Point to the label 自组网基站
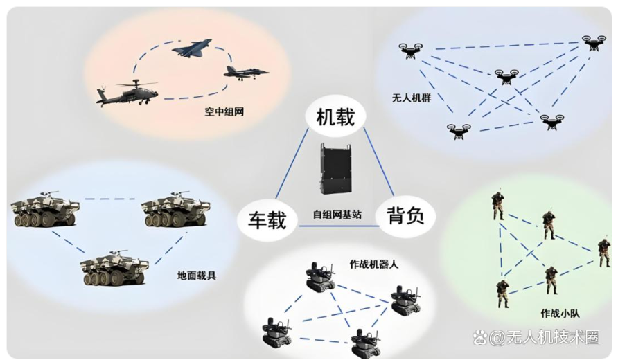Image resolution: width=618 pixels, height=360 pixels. [x=335, y=216]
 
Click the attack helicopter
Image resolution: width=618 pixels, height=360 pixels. [x=128, y=93]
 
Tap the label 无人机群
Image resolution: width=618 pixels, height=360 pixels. [x=412, y=98]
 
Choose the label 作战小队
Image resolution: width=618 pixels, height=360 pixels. [x=560, y=313]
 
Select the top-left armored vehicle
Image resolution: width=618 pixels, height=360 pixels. [x=43, y=210]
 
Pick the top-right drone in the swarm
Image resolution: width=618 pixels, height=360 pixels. [x=593, y=42]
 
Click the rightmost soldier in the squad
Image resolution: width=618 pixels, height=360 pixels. [x=604, y=253]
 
